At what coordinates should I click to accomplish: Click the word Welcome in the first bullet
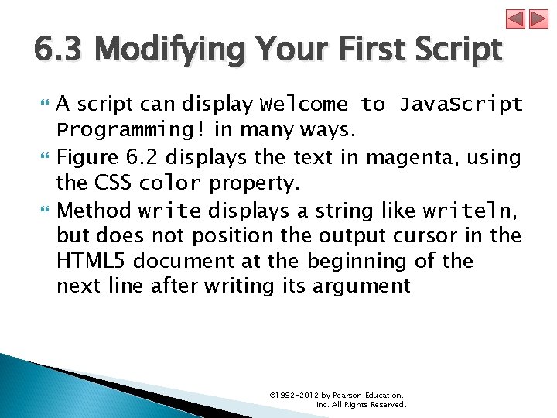pos(305,104)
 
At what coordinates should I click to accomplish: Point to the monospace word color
pos(169,184)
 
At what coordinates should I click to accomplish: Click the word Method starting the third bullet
pos(94,211)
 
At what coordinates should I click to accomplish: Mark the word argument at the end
pos(361,286)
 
